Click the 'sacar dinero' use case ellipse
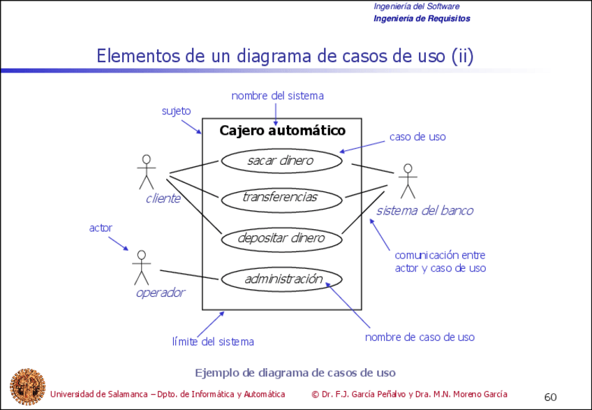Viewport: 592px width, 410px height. (281, 161)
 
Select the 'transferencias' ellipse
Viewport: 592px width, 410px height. (281, 198)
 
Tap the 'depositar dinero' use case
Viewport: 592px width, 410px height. (281, 238)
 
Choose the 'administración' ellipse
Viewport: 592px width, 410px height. (281, 279)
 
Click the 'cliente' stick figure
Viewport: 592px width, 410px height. (146, 171)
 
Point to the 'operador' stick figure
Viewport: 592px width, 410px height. (142, 267)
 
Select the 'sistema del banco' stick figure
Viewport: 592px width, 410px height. (407, 181)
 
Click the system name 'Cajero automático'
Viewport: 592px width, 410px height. (282, 131)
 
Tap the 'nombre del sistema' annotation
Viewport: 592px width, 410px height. (277, 96)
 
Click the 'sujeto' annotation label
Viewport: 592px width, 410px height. (176, 111)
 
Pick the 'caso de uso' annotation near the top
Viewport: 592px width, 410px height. (417, 137)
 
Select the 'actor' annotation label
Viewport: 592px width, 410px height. (101, 228)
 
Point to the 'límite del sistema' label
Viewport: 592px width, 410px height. (213, 342)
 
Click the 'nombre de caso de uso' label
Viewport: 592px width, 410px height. (420, 337)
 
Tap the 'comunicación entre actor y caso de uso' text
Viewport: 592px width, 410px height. (440, 261)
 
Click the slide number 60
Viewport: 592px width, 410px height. (550, 397)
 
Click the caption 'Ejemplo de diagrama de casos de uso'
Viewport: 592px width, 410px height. (295, 372)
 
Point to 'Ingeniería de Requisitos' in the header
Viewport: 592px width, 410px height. (422, 18)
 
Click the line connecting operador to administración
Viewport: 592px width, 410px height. (190, 274)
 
